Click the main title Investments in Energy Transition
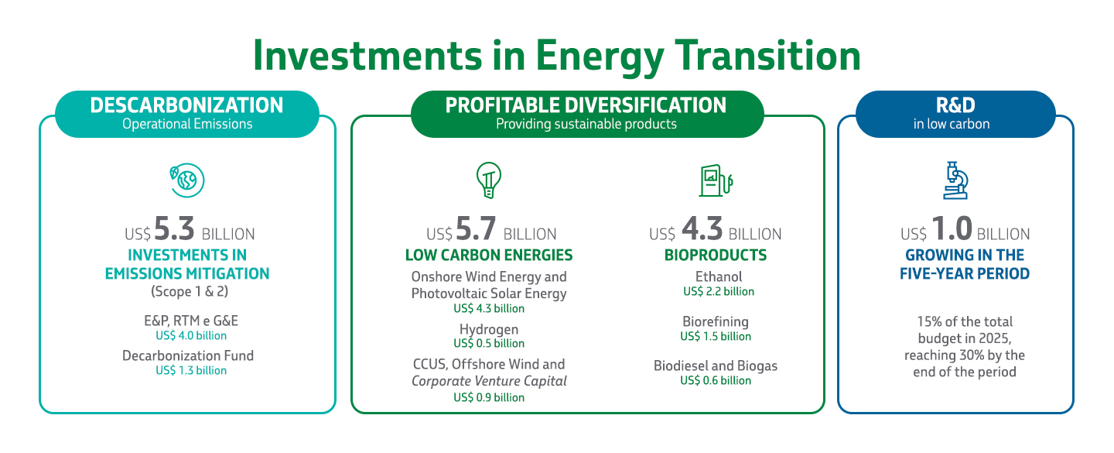(556, 56)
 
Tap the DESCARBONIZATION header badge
(187, 113)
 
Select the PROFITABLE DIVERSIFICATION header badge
(586, 113)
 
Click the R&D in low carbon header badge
(955, 113)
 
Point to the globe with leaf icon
(187, 180)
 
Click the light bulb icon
(488, 181)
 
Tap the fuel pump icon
(715, 181)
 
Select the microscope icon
(955, 180)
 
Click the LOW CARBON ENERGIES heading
(489, 256)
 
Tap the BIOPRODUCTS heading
(716, 256)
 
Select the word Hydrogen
(489, 329)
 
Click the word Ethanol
(719, 276)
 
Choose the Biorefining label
(716, 321)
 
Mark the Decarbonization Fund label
(188, 356)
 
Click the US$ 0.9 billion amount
(489, 397)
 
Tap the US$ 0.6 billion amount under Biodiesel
(716, 380)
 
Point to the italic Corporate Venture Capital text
(489, 381)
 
